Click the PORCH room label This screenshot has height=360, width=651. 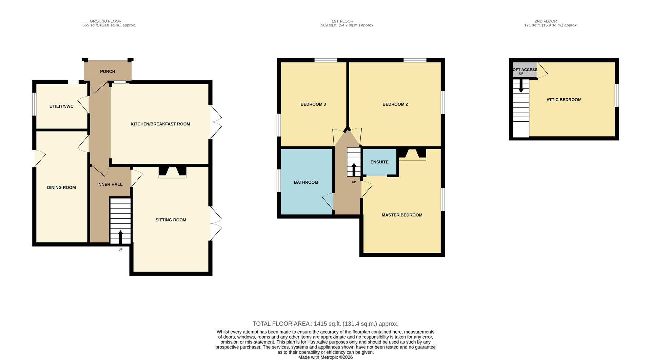(x=107, y=72)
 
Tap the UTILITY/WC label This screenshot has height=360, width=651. (x=61, y=106)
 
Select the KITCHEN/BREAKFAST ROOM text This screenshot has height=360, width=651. (x=160, y=124)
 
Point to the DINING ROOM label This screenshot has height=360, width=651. (x=61, y=187)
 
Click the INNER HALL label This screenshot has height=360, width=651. (x=110, y=184)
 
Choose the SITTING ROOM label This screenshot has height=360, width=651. (x=171, y=220)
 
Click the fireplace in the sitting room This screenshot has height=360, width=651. (x=173, y=172)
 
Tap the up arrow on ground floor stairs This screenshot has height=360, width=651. (x=120, y=237)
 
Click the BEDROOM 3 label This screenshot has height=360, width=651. (x=313, y=104)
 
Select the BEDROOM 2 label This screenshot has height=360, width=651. (x=395, y=104)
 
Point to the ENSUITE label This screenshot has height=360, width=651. (x=379, y=162)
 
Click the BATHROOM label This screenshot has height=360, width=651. (x=306, y=182)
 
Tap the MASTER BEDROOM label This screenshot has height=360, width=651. (x=402, y=215)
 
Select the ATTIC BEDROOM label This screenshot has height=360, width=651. (x=564, y=100)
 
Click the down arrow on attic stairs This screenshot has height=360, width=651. (x=521, y=86)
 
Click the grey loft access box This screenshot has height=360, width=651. (x=525, y=70)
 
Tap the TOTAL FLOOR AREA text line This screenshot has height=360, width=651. (x=325, y=324)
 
